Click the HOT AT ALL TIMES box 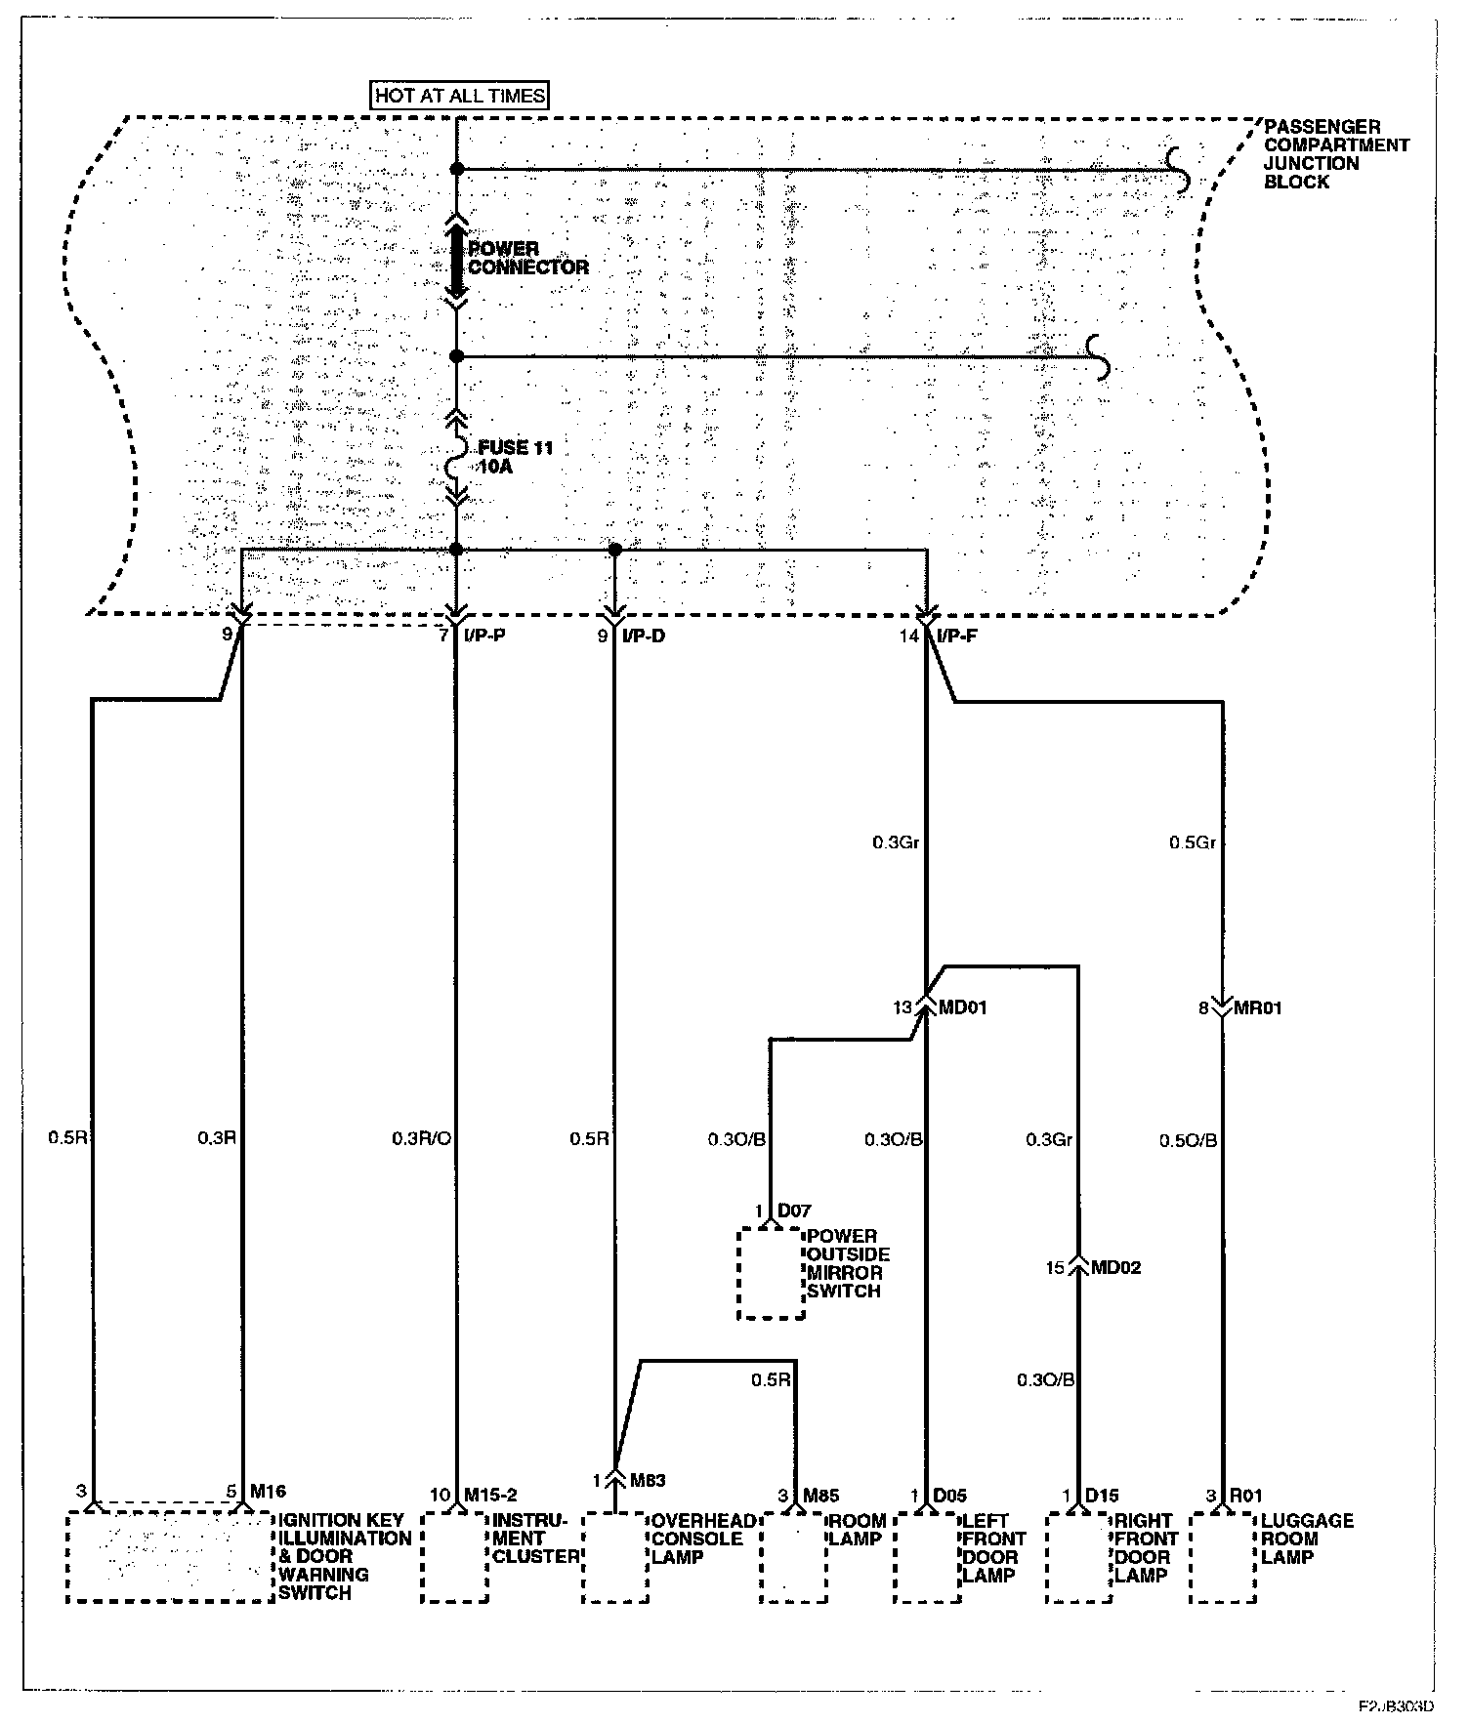(461, 96)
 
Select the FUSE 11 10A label (515, 457)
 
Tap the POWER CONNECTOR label (528, 258)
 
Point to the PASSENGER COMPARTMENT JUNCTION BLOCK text (1335, 154)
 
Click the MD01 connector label (962, 1007)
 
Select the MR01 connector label (1257, 1007)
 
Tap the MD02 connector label (1114, 1268)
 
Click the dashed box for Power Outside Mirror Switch (772, 1273)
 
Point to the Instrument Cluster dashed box (454, 1557)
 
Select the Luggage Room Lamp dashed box (1223, 1557)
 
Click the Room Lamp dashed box (794, 1557)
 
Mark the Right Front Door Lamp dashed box (1078, 1557)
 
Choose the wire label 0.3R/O (421, 1138)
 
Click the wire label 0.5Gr (1192, 842)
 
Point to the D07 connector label (793, 1211)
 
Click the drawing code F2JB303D (1396, 1706)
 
